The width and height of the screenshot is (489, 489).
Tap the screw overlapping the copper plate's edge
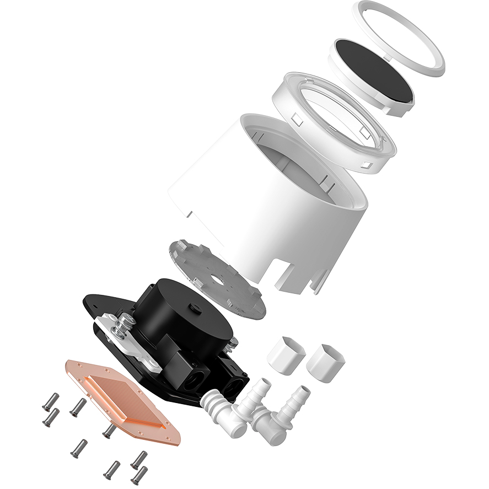tap(109, 430)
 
